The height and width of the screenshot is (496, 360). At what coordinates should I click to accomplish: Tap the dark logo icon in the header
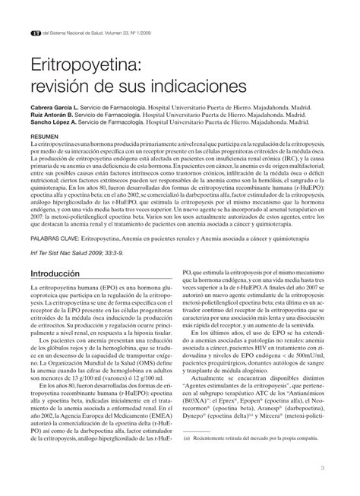[34, 33]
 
